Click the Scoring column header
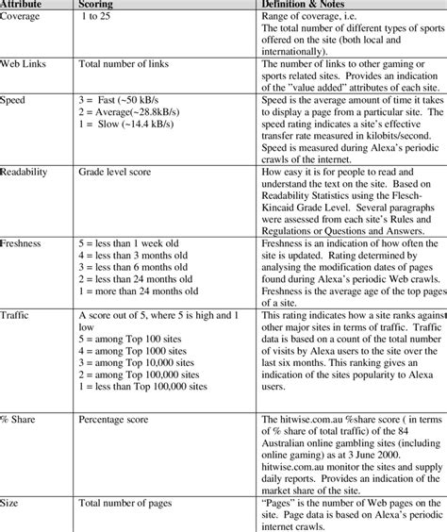coord(100,5)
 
